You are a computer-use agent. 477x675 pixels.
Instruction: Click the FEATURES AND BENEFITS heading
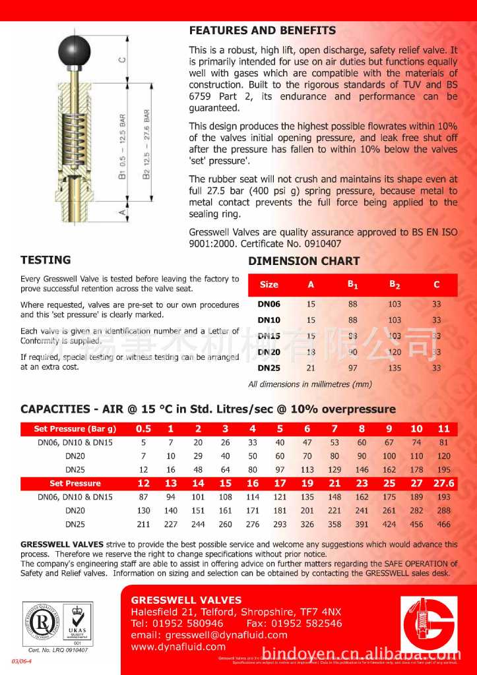pos(262,30)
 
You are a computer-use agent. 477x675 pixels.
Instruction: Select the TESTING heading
pos(46,260)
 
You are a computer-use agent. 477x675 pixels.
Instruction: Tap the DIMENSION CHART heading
pos(303,261)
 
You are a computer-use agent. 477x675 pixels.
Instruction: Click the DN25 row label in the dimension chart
pos(269,368)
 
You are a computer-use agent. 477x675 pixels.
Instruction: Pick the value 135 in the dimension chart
pos(395,368)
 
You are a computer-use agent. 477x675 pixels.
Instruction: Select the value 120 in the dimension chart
pos(395,352)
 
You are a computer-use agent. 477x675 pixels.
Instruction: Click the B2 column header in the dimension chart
pos(395,285)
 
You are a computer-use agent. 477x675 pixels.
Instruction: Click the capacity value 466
pos(443,524)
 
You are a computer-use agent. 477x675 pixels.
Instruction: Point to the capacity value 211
pos(143,524)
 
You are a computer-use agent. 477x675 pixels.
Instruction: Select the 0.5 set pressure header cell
pos(143,428)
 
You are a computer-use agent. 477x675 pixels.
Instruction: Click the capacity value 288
pos(443,510)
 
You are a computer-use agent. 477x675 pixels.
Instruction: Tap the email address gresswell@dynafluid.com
pos(209,635)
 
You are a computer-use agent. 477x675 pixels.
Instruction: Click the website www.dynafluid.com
pos(178,647)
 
